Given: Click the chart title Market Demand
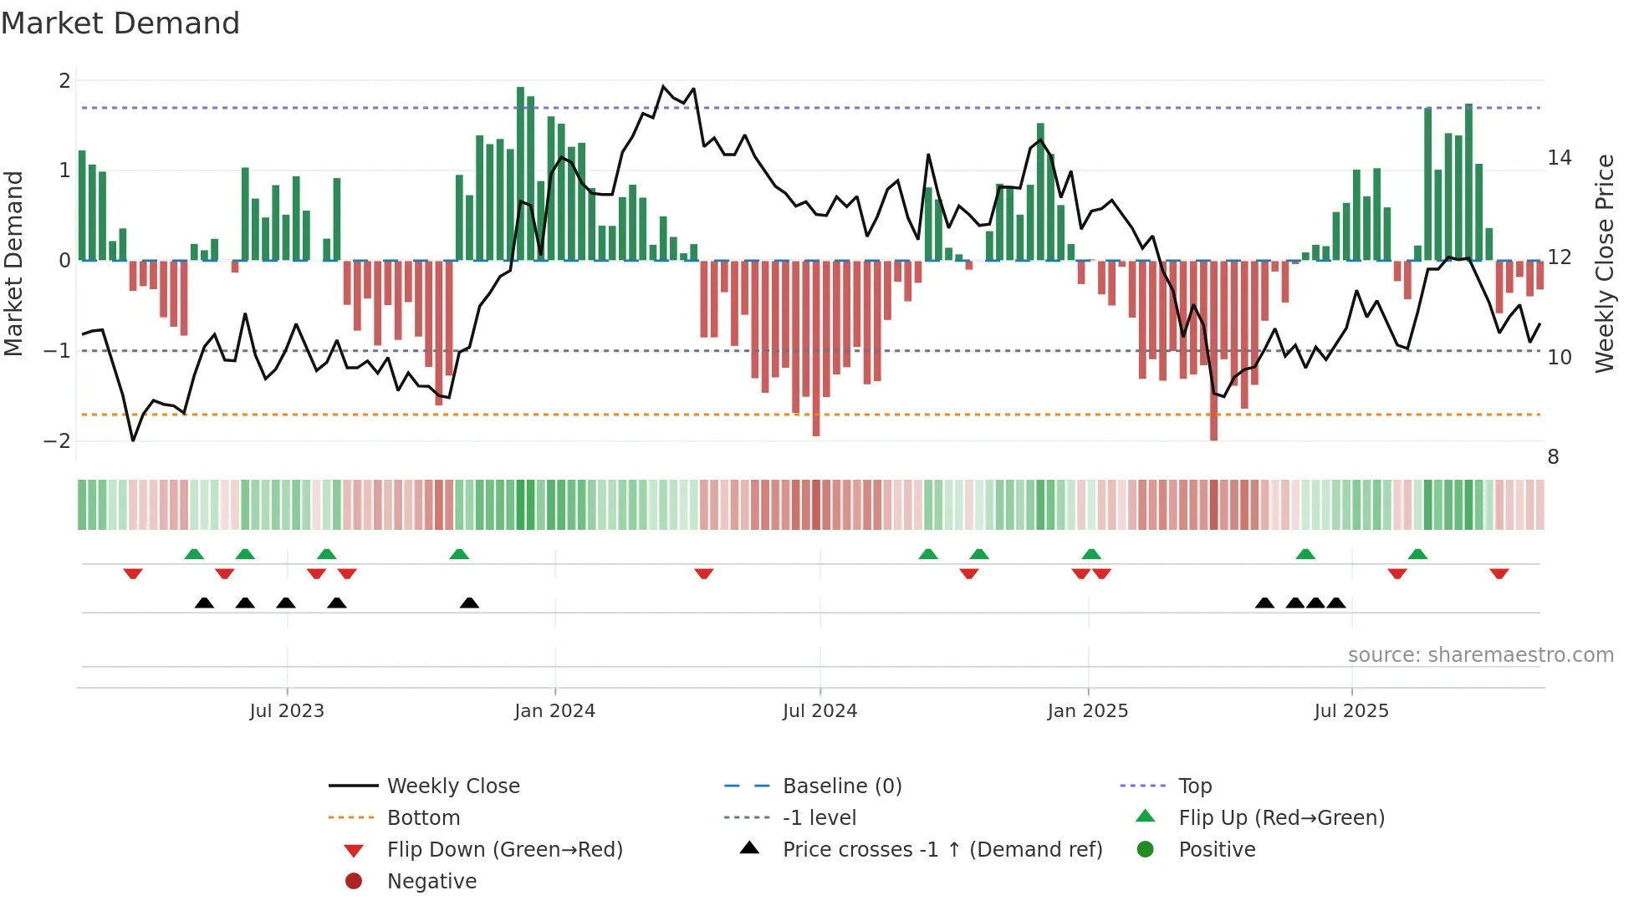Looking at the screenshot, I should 120,23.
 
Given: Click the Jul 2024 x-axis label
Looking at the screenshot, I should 819,711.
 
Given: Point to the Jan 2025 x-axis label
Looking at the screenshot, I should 1087,711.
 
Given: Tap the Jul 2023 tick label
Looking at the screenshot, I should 286,711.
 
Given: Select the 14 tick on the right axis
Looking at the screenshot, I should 1560,158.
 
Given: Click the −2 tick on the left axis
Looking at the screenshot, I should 58,441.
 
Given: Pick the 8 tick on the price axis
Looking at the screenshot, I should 1553,457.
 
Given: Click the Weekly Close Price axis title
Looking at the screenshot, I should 1604,263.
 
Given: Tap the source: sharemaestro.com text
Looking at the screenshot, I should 1480,655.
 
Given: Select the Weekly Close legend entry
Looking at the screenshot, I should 452,786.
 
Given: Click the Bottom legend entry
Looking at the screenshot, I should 423,818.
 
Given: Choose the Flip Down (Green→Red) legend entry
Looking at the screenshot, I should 504,850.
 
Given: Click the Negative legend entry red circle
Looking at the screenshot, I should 354,882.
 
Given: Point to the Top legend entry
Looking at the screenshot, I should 1194,786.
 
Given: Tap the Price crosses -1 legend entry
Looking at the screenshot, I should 942,850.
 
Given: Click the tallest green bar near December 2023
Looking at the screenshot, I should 520,174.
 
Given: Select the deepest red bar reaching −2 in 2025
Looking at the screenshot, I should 1213,351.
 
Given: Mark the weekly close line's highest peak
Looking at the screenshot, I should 663,86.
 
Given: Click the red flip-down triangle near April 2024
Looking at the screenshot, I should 704,574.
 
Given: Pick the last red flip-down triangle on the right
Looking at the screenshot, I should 1499,574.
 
